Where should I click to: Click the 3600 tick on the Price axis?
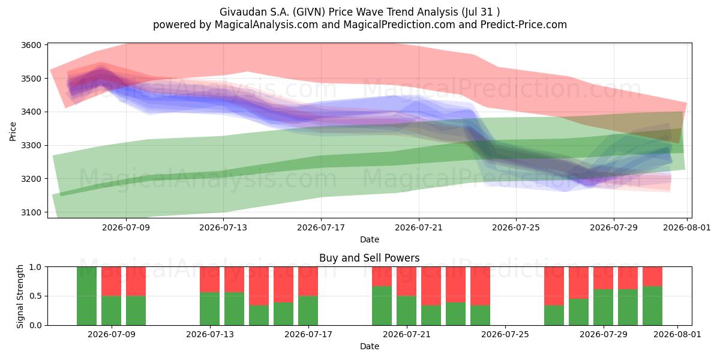[x=31, y=45]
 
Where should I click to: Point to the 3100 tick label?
[x=31, y=212]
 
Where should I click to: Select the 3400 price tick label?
[x=31, y=112]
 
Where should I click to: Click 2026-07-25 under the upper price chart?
[x=516, y=227]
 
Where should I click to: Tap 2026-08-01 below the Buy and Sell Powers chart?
[x=677, y=334]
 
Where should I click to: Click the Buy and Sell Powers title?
[x=370, y=258]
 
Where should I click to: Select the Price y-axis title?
[x=13, y=131]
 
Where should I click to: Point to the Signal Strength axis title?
[x=20, y=296]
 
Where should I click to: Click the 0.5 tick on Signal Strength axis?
[x=35, y=296]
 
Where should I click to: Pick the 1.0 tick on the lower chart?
[x=35, y=267]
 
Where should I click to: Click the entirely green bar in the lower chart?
[x=86, y=296]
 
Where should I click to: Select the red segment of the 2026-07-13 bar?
[x=209, y=280]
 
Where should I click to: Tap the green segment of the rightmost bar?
[x=652, y=305]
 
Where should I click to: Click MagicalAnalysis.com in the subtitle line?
[x=266, y=25]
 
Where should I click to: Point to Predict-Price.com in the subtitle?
[x=524, y=25]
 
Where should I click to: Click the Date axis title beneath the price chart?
[x=370, y=239]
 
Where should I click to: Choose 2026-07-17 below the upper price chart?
[x=321, y=227]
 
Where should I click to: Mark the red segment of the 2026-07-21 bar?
[x=406, y=281]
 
